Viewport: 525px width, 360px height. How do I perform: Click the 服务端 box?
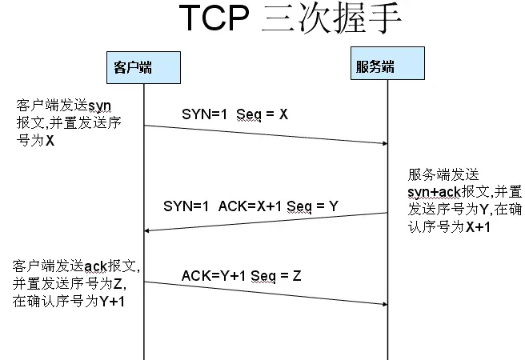point(375,66)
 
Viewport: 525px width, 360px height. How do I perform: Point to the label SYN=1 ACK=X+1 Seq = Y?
point(250,206)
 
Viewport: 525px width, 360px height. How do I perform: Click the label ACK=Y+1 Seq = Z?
point(241,276)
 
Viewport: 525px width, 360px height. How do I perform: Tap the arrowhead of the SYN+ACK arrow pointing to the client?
point(149,230)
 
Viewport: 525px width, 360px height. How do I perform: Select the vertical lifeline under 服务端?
point(387,336)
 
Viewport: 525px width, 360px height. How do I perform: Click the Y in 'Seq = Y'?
point(333,206)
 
